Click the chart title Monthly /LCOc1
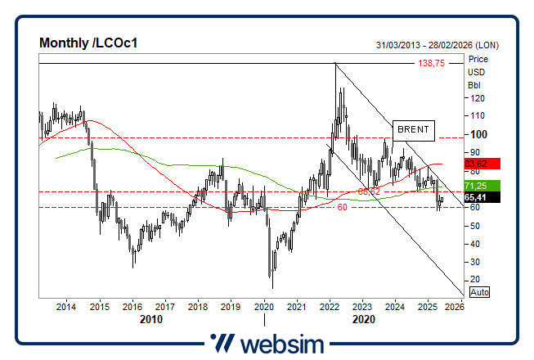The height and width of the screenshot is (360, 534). (88, 43)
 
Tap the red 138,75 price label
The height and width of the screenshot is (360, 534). (430, 63)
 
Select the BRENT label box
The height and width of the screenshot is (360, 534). (412, 129)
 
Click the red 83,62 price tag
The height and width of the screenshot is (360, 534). (476, 164)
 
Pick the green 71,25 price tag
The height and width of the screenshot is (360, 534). (476, 186)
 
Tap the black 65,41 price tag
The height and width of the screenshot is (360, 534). (476, 197)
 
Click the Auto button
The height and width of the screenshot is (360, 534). (480, 291)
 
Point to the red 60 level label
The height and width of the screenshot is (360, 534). (343, 208)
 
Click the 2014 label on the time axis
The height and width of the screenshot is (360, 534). (66, 308)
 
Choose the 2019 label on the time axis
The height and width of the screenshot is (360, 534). (230, 308)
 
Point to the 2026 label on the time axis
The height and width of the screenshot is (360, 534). (455, 308)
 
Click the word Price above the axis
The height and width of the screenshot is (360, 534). (477, 59)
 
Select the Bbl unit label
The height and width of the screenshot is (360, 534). (473, 85)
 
